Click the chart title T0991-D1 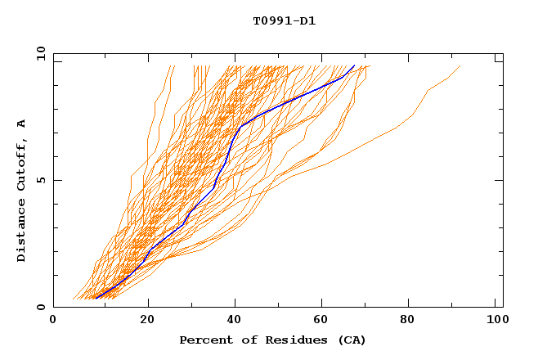point(284,21)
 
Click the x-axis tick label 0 point(53,320)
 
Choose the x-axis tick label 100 point(495,320)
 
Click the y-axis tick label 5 point(41,180)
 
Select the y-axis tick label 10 point(39,53)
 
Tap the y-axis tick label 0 point(41,307)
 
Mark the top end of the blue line point(354,66)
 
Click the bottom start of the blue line point(95,298)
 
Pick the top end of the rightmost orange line point(460,66)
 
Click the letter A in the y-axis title point(22,124)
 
